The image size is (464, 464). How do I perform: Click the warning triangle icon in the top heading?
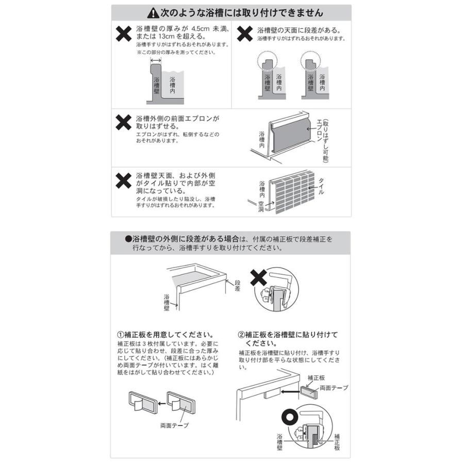point(152,12)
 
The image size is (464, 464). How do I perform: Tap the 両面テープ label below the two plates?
point(175,426)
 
